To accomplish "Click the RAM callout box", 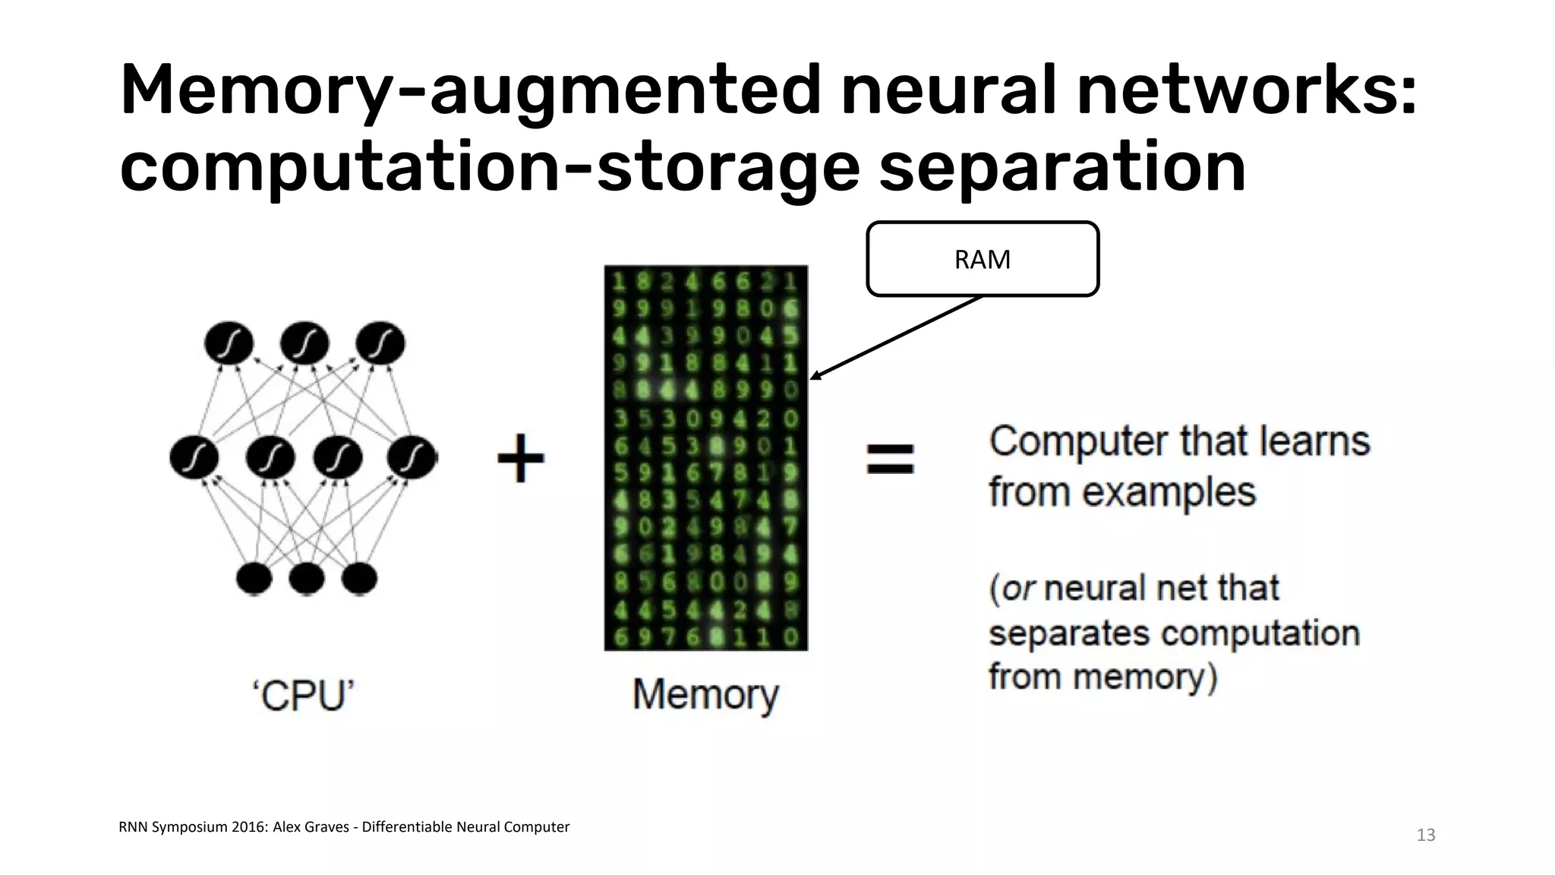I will [982, 259].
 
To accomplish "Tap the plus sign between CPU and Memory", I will [521, 458].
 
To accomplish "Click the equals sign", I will [891, 459].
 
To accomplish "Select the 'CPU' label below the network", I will [304, 695].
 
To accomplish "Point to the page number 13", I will [1425, 836].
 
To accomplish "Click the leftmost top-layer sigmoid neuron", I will [229, 343].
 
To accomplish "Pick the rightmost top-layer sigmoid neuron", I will [380, 343].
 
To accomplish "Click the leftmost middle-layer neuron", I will [194, 457].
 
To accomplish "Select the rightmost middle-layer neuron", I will [412, 457].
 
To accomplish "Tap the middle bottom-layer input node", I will [307, 579].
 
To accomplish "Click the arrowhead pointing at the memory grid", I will [815, 376].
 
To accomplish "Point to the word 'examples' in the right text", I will [1169, 491].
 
